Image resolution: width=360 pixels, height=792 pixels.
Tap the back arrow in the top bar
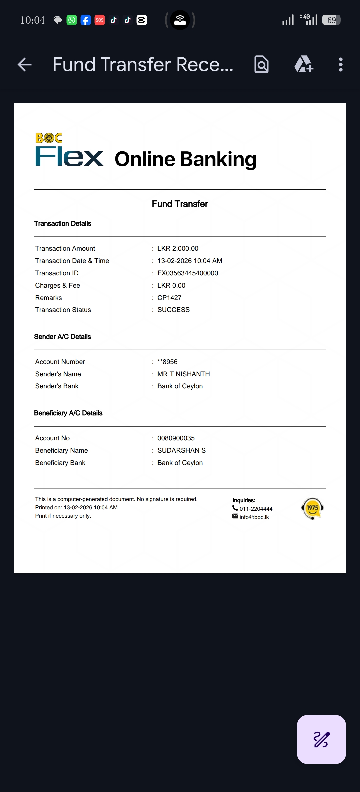tap(25, 65)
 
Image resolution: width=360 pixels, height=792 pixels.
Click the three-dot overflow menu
tap(340, 65)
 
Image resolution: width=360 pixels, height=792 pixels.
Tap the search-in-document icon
tap(261, 64)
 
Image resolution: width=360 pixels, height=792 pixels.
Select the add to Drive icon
tap(304, 64)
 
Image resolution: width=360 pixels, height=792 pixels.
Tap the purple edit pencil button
tap(321, 739)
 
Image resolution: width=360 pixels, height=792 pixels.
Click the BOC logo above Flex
tap(49, 138)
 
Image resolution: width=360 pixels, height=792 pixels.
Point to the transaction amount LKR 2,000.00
tap(178, 248)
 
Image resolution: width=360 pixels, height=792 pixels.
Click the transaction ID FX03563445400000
tap(188, 273)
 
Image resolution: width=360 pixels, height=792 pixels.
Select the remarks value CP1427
tap(169, 298)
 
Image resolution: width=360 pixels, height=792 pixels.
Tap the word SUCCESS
tap(173, 310)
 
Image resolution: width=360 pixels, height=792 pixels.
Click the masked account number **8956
tap(167, 362)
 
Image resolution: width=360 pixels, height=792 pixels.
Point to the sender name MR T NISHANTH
tap(183, 374)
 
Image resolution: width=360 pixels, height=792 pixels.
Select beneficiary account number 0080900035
tap(176, 438)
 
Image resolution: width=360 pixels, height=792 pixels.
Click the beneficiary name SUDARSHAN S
tap(181, 450)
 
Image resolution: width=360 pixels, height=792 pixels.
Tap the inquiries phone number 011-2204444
tap(256, 509)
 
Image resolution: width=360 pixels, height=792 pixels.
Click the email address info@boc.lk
tap(254, 517)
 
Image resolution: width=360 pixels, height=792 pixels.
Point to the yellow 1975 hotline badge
tap(312, 508)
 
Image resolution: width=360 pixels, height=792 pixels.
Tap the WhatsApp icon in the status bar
tap(72, 20)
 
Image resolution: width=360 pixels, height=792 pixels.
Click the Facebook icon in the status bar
tap(86, 20)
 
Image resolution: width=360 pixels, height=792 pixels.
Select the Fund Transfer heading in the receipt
tap(180, 204)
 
